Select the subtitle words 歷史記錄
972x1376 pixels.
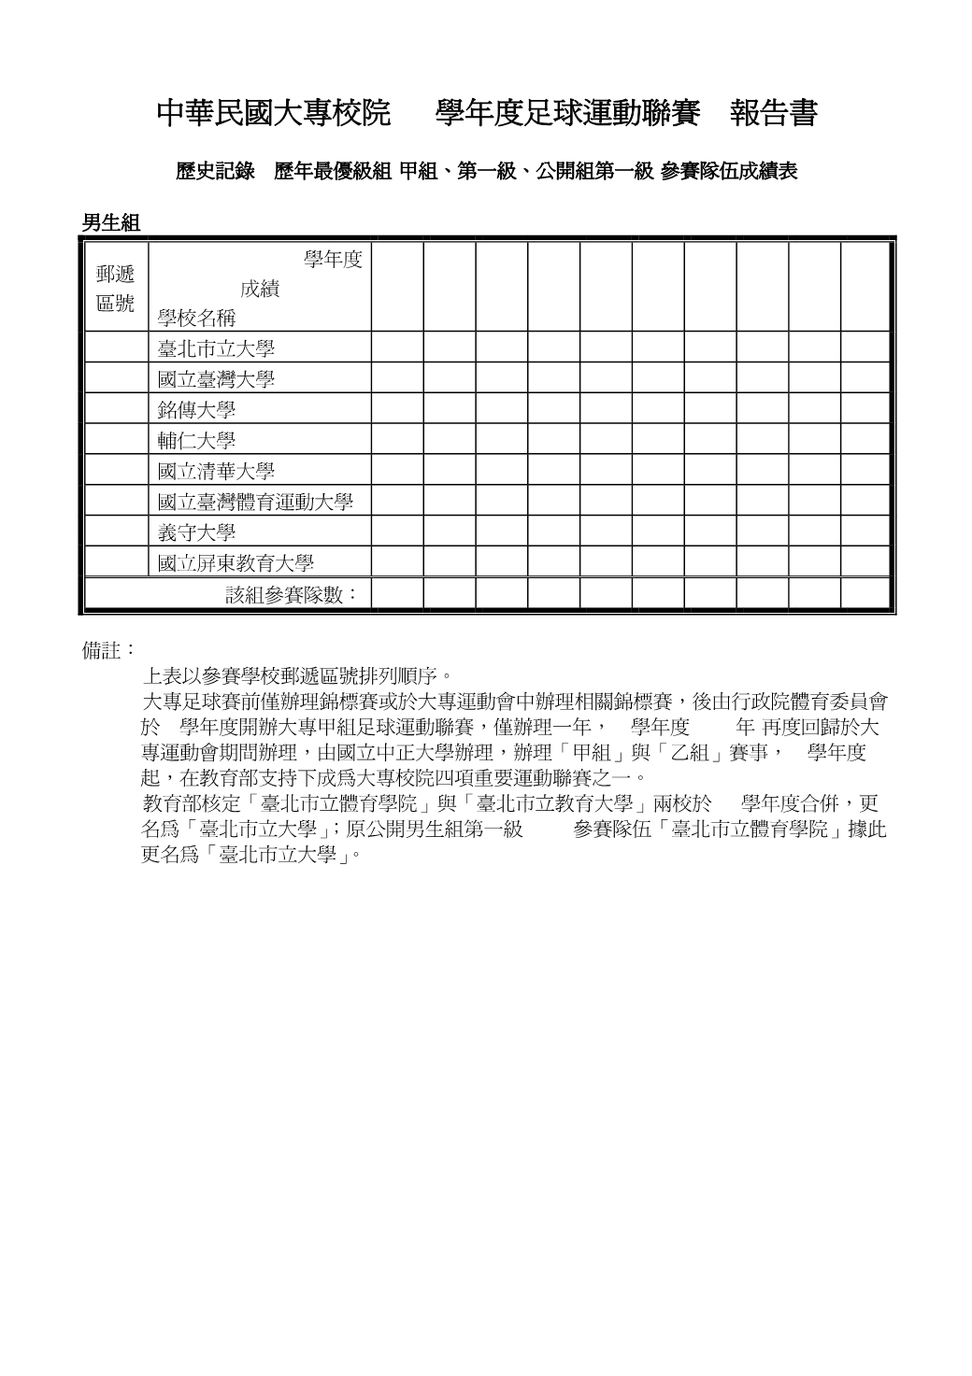coord(215,171)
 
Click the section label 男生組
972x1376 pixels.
coord(110,222)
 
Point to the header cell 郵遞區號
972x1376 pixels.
coord(115,288)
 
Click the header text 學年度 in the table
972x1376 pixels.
coord(333,260)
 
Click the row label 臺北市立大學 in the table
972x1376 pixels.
coord(216,349)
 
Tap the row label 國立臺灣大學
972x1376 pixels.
coord(216,380)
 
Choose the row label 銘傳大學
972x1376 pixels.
coord(196,410)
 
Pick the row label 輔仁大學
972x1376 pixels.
coord(196,441)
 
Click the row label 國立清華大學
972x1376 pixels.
coord(216,472)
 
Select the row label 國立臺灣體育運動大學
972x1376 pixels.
coord(255,502)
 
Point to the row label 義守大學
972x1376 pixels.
coord(196,532)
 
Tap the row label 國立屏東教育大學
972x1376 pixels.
coord(236,563)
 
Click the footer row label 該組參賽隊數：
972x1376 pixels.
coord(293,594)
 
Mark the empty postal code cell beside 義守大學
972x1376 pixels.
coord(115,532)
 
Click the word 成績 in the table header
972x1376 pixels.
coord(260,289)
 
